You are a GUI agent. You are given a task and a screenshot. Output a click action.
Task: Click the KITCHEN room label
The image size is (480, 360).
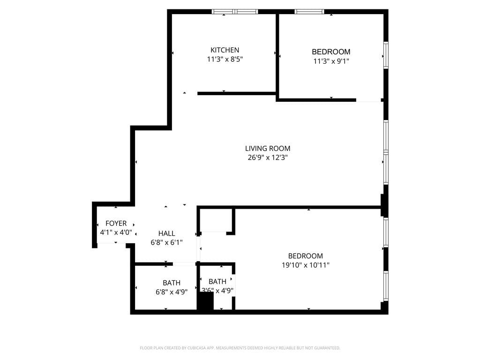tap(225, 50)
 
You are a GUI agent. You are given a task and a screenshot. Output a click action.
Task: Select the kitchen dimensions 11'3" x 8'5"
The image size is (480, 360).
tap(225, 60)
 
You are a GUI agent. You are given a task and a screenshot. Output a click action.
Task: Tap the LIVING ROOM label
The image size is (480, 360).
tap(267, 149)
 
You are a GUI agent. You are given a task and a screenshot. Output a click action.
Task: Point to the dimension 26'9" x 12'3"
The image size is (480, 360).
tap(267, 158)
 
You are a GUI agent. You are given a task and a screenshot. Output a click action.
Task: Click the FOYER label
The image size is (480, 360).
tap(116, 224)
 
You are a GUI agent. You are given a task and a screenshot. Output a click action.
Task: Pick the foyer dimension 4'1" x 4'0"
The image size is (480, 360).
tap(116, 232)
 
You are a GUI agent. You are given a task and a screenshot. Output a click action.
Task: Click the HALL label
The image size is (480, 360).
tap(166, 233)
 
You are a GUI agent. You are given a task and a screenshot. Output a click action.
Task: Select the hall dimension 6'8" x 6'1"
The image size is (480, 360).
tap(166, 242)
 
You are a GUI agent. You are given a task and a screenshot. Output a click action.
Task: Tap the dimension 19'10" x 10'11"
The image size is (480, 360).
tap(305, 265)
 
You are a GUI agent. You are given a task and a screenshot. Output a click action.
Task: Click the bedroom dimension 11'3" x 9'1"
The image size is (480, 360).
tap(331, 61)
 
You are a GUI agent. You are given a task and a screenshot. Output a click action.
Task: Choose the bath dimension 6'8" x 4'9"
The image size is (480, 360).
tap(172, 292)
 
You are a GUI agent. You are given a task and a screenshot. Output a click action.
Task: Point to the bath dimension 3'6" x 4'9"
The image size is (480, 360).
tap(217, 291)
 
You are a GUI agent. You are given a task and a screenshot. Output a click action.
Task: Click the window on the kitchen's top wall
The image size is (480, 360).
tap(235, 12)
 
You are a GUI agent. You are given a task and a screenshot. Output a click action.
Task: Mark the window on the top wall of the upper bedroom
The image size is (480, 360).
tap(309, 12)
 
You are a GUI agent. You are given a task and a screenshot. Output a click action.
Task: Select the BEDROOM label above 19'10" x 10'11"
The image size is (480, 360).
tap(305, 256)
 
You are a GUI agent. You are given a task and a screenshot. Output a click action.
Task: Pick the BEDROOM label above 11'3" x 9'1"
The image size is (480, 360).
tap(331, 52)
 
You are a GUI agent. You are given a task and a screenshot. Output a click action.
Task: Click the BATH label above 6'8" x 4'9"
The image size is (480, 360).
tap(172, 283)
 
